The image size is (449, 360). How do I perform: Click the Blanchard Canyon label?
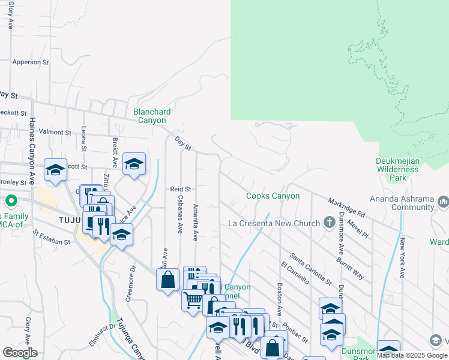(x=152, y=116)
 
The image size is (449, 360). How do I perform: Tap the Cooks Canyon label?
(x=273, y=196)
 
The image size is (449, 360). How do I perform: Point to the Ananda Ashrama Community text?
(x=406, y=203)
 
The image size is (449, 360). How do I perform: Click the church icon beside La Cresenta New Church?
(x=329, y=223)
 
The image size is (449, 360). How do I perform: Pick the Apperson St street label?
(x=30, y=62)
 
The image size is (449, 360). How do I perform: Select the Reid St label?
(x=180, y=189)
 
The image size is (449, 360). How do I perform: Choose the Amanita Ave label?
(x=196, y=221)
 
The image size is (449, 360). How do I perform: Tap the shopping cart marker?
(x=192, y=299)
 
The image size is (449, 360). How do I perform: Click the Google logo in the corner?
(x=20, y=353)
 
